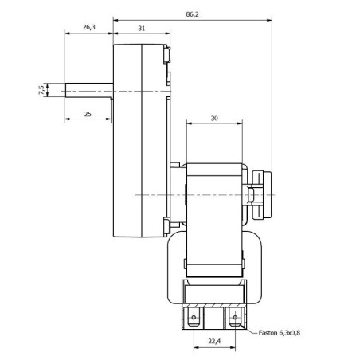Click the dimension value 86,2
click(x=192, y=14)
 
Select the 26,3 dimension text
click(x=88, y=27)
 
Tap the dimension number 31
click(x=141, y=27)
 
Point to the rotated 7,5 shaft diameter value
click(x=41, y=90)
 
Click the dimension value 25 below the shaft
click(x=87, y=115)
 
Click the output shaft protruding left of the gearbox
click(x=88, y=90)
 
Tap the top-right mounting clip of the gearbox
click(x=168, y=53)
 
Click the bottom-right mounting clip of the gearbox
click(x=168, y=227)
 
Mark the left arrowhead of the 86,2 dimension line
click(x=116, y=18)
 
